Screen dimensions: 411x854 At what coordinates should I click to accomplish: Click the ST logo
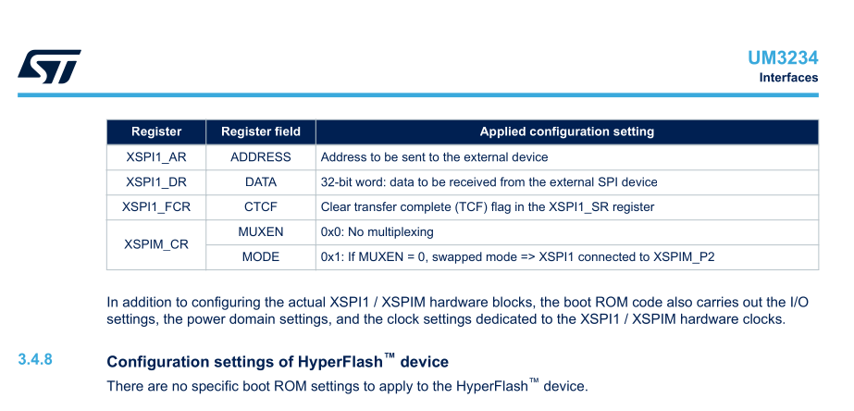pos(49,66)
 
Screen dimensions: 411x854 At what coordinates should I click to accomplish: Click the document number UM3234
pos(783,57)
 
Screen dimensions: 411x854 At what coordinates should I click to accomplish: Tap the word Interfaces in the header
pos(788,78)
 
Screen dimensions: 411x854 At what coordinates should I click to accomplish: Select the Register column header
pos(156,131)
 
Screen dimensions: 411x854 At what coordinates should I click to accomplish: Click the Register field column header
pos(261,131)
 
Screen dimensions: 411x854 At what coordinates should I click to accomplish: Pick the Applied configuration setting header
pos(566,131)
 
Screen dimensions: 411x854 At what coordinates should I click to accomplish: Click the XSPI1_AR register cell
pos(156,157)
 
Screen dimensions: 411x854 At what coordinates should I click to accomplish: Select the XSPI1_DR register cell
pos(156,182)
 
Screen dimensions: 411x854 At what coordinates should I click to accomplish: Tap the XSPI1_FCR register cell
pos(156,207)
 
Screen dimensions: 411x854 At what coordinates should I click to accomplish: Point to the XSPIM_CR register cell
pos(156,244)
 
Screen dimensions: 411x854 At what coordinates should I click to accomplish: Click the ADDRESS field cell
pos(261,157)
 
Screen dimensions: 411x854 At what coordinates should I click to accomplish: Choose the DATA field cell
pos(261,182)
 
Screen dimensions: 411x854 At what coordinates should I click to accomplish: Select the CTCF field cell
pos(261,207)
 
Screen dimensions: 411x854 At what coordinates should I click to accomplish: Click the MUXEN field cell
pos(261,232)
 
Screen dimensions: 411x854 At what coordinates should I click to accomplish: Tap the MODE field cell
pos(261,257)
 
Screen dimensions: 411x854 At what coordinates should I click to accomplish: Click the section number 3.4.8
pos(35,359)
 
